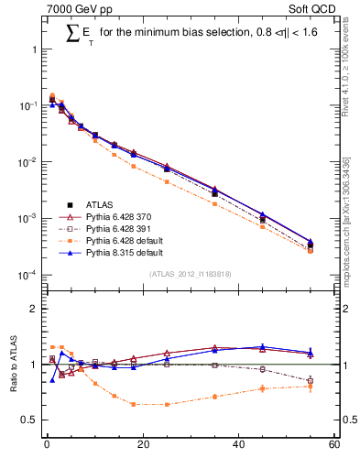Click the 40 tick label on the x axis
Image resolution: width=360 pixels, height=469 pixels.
click(238, 446)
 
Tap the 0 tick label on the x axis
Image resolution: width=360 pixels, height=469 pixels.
click(47, 446)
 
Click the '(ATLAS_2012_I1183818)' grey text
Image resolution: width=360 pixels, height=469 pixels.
click(190, 274)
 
